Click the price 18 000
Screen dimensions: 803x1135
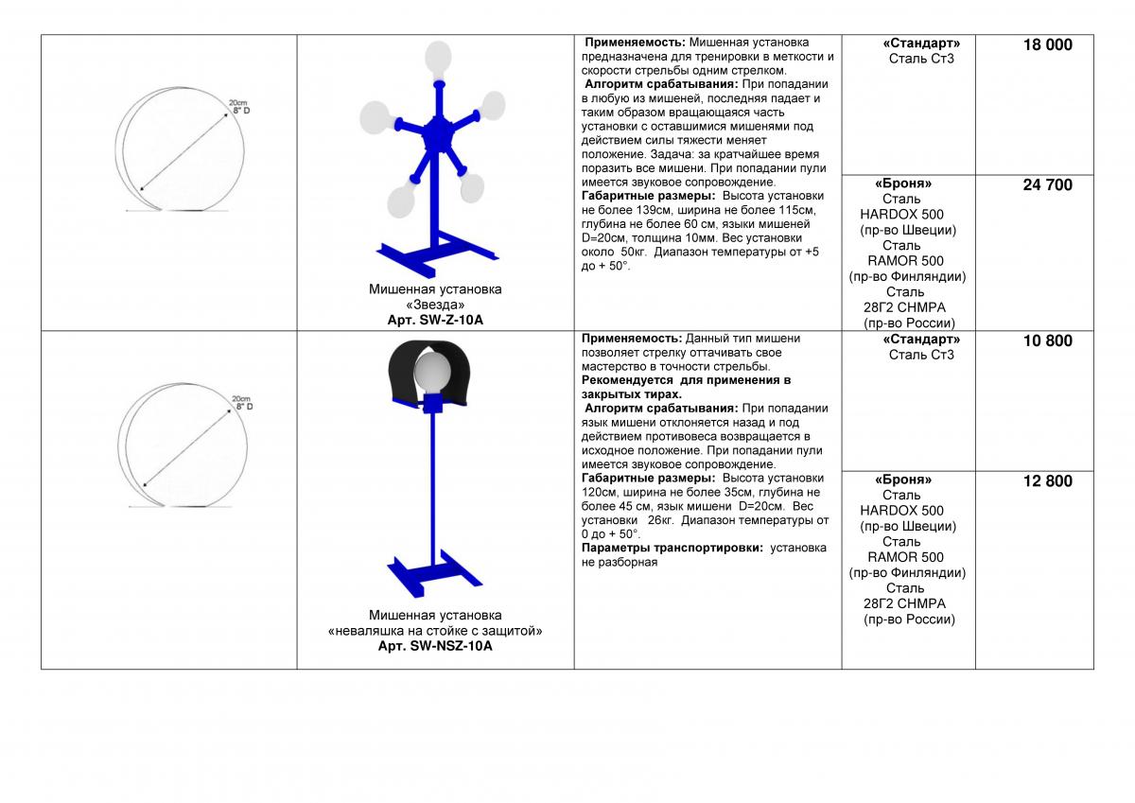[x=1047, y=44]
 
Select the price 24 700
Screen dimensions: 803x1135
[x=1047, y=185]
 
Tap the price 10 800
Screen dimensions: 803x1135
[x=1047, y=340]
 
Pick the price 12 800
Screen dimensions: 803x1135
[x=1047, y=481]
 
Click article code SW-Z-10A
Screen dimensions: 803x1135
[x=434, y=321]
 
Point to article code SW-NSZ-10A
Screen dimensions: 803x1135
[x=435, y=647]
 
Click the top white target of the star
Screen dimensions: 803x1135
[x=437, y=60]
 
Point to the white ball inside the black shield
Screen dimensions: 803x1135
[x=434, y=372]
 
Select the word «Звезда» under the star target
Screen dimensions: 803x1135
[x=434, y=305]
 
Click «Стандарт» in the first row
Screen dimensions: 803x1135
[x=921, y=44]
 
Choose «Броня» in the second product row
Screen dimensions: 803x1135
[x=902, y=480]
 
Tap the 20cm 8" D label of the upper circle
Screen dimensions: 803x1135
[x=240, y=107]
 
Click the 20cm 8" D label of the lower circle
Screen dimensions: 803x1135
[x=241, y=403]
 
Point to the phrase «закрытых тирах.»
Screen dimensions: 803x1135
[x=631, y=393]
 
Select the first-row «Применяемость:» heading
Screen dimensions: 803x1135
[x=635, y=43]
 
